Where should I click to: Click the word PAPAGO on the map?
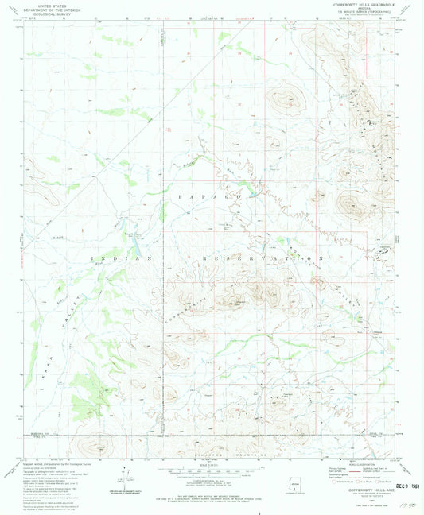coord(210,196)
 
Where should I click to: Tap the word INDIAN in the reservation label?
coord(119,259)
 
